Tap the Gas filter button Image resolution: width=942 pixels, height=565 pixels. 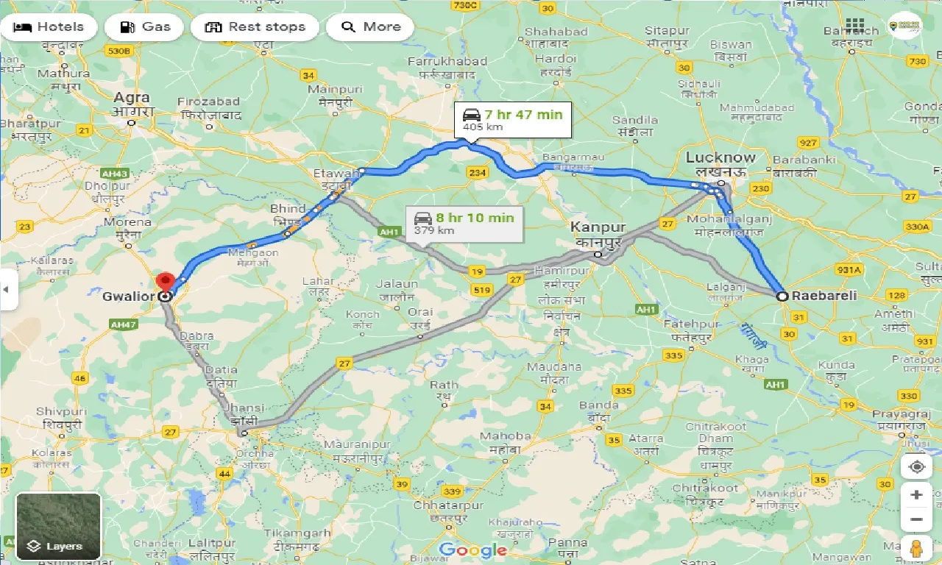(x=145, y=27)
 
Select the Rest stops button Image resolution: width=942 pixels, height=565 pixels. (x=255, y=27)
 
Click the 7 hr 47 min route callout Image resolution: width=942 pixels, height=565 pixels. (x=512, y=120)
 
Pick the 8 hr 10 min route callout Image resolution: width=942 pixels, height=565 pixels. (x=464, y=223)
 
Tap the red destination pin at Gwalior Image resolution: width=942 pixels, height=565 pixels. (x=165, y=282)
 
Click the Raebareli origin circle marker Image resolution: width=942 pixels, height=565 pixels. (x=782, y=296)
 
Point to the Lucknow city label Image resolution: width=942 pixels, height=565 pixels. (x=720, y=157)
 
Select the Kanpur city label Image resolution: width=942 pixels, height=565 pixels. (x=598, y=228)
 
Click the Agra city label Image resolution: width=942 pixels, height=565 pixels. (x=132, y=98)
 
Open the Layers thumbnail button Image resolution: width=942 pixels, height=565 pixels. (x=58, y=525)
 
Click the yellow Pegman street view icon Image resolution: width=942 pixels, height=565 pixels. (x=916, y=548)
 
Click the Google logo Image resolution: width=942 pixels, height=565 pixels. (x=472, y=550)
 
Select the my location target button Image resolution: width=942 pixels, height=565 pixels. (x=916, y=466)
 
